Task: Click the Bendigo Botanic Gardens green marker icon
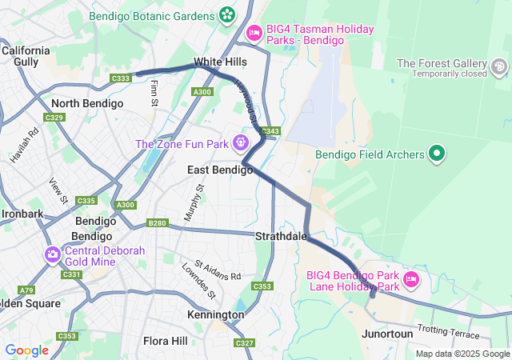[x=227, y=14]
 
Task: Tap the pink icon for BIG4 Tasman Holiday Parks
[x=254, y=32]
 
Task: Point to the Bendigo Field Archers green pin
[x=437, y=153]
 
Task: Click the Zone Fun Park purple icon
[x=240, y=144]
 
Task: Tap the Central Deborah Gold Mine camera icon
[x=53, y=254]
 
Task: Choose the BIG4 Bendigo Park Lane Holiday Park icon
[x=411, y=279]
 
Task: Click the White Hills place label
[x=220, y=62]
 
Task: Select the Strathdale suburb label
[x=281, y=237]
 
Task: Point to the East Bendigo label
[x=219, y=170]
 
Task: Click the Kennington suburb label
[x=215, y=314]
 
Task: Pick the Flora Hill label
[x=166, y=341]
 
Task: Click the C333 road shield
[x=122, y=78]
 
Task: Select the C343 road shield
[x=270, y=131]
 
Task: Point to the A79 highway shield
[x=26, y=290]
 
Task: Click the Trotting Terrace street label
[x=449, y=331]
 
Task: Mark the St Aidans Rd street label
[x=218, y=270]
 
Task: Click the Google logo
[x=26, y=350]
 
